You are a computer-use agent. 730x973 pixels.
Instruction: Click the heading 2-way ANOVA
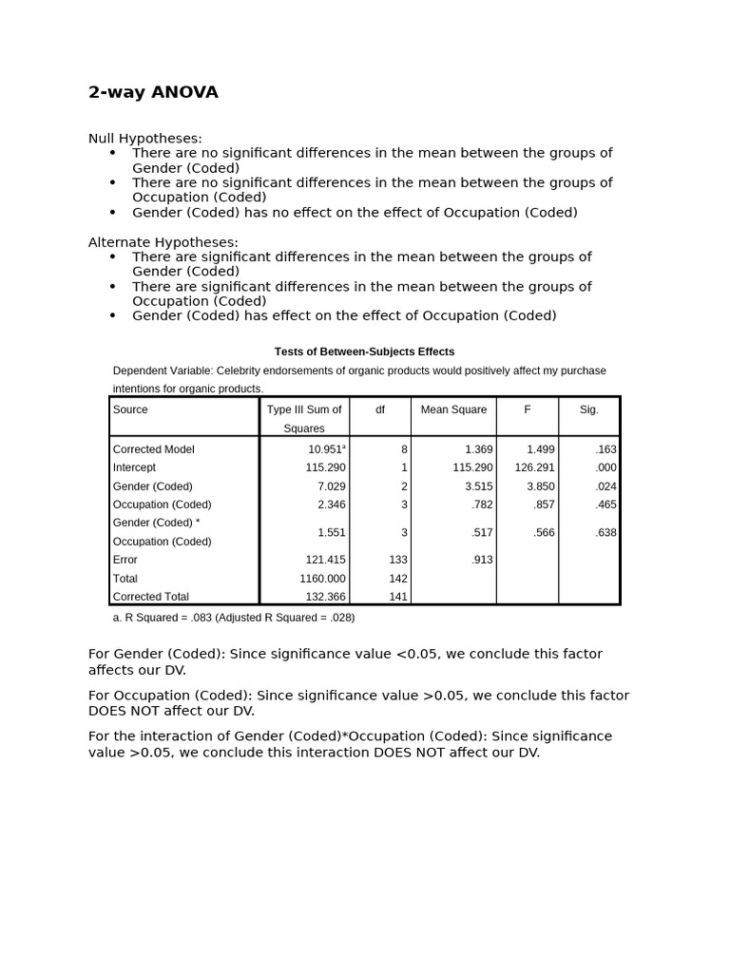(x=153, y=92)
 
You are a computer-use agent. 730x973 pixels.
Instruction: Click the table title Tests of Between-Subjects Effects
(x=364, y=352)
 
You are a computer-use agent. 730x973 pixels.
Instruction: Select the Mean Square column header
(x=453, y=410)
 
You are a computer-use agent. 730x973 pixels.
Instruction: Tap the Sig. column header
(x=589, y=410)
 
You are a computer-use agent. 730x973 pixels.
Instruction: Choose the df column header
(x=380, y=410)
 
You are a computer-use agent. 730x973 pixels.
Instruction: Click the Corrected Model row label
(x=153, y=449)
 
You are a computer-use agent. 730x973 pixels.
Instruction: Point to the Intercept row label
(x=134, y=467)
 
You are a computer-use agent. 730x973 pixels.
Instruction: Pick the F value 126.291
(x=534, y=467)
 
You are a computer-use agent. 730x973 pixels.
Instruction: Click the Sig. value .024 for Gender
(x=605, y=486)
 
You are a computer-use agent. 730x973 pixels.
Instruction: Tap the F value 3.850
(x=540, y=486)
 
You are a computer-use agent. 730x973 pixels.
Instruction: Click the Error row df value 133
(x=397, y=561)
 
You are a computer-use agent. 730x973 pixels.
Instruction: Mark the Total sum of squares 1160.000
(x=322, y=579)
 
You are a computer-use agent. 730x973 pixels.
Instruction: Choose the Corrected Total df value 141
(x=397, y=597)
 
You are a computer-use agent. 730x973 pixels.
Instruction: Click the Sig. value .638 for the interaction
(x=605, y=533)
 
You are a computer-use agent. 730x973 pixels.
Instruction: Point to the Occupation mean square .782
(x=482, y=505)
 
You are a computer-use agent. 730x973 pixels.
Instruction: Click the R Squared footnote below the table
(x=233, y=618)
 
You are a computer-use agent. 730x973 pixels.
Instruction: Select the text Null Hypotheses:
(x=145, y=139)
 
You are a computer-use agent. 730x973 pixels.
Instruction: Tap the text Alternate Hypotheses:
(x=163, y=242)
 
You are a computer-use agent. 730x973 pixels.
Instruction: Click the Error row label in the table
(x=125, y=561)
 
